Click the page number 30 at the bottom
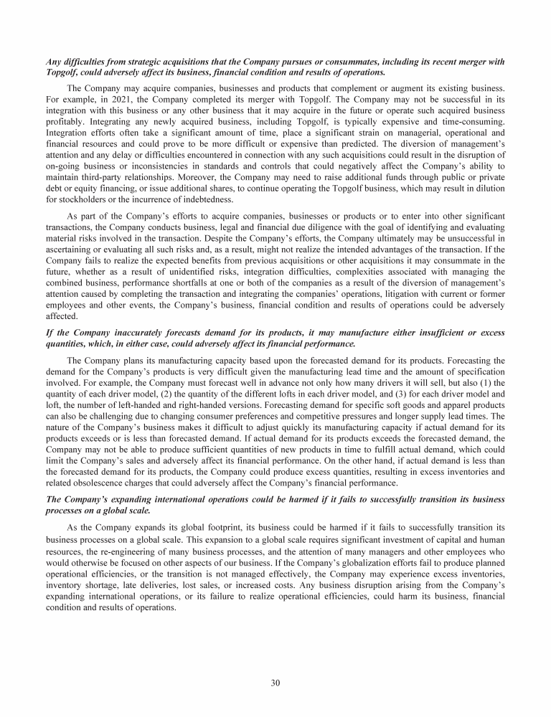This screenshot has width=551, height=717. click(275, 682)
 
